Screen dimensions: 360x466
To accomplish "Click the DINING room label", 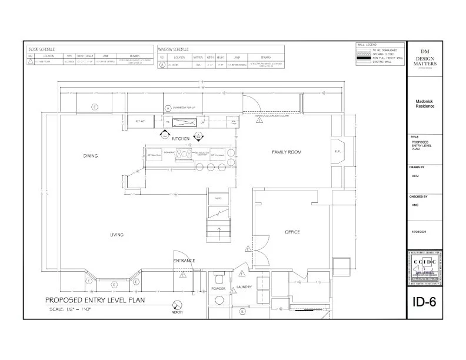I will point(90,156).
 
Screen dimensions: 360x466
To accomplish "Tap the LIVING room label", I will point(116,235).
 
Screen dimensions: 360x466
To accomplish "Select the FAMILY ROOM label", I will point(287,152).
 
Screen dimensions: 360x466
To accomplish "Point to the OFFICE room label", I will point(292,232).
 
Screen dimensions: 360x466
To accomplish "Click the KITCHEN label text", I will point(180,138).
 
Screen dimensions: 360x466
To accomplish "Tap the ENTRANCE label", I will point(184,260).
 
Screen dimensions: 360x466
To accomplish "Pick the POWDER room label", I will point(219,289).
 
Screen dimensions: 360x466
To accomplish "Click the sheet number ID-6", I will point(424,303).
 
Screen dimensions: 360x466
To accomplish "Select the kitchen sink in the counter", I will point(188,122).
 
